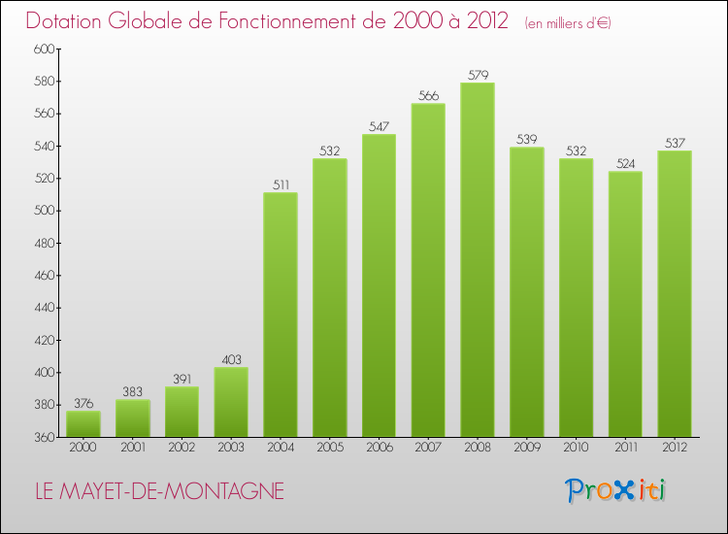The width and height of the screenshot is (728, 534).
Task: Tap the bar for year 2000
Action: click(x=83, y=424)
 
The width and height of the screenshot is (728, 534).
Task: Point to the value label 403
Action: click(x=231, y=359)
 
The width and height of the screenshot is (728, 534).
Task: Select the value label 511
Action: click(x=281, y=184)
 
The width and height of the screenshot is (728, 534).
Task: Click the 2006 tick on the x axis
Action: click(x=379, y=448)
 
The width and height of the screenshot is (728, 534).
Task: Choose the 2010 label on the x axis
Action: click(x=576, y=448)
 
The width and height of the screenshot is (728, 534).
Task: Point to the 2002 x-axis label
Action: click(x=182, y=448)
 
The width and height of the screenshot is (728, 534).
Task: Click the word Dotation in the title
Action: click(x=67, y=21)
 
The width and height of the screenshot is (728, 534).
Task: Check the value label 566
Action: click(x=428, y=95)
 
